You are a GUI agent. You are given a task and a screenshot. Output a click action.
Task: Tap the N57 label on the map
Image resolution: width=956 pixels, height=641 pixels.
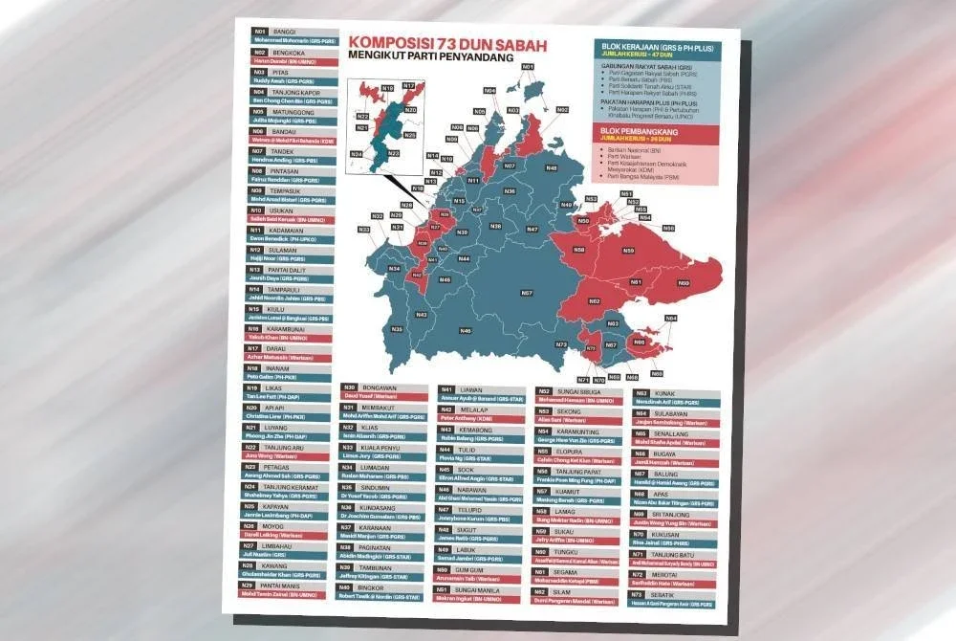[x=527, y=293]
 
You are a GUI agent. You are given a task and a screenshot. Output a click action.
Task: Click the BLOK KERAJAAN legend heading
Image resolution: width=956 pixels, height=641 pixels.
[x=655, y=45]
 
